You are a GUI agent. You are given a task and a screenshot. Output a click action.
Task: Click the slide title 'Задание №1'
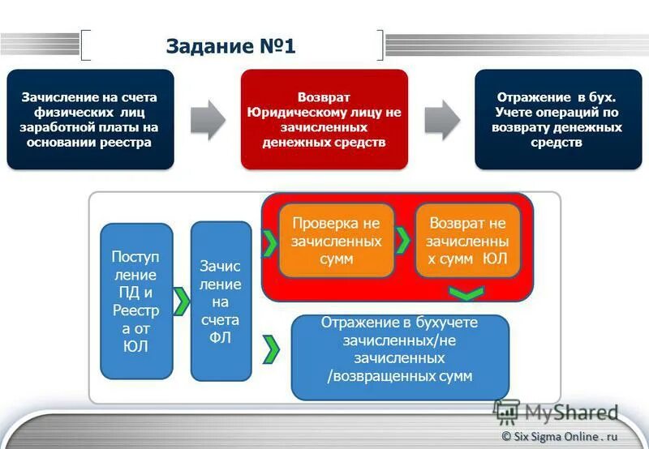tap(230, 45)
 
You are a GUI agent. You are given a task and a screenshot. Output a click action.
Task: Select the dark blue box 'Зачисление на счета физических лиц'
tap(90, 119)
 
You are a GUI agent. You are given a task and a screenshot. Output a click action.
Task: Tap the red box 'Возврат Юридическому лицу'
tap(324, 119)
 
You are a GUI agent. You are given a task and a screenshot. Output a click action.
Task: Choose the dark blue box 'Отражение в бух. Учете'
tap(558, 119)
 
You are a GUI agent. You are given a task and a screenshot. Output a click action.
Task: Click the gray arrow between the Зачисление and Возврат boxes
tap(208, 120)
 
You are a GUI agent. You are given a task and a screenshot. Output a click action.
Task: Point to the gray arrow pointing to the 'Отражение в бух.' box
tap(441, 120)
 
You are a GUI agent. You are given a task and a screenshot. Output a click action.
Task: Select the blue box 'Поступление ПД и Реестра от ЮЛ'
tap(136, 301)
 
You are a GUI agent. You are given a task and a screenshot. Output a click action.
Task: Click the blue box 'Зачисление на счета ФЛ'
tap(221, 301)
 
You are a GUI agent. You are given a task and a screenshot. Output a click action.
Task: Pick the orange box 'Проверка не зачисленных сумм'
tap(337, 240)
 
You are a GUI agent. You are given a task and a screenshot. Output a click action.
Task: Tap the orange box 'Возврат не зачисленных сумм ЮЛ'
tap(468, 240)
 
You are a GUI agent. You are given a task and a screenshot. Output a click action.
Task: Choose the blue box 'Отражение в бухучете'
tap(399, 357)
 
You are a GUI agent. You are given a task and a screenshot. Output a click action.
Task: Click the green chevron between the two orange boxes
tap(403, 240)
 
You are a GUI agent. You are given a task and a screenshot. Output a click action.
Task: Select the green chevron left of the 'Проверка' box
tap(269, 240)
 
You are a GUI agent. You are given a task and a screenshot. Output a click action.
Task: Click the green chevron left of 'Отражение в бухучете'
tap(272, 349)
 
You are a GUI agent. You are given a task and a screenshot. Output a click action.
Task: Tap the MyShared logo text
tap(570, 413)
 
